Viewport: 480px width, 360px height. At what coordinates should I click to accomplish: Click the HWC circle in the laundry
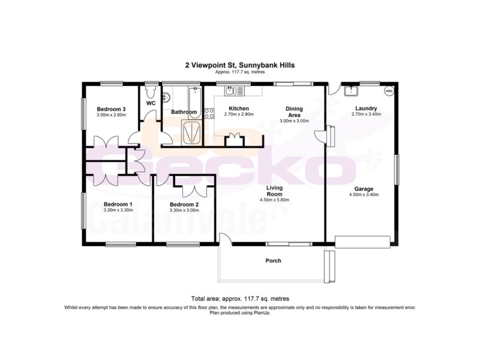pyautogui.click(x=389, y=91)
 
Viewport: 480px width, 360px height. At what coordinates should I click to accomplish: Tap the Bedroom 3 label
pyautogui.click(x=111, y=108)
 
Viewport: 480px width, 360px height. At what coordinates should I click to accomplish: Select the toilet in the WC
pyautogui.click(x=151, y=92)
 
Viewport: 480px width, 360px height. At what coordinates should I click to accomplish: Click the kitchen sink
pyautogui.click(x=233, y=91)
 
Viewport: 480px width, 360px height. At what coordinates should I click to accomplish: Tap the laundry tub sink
pyautogui.click(x=350, y=91)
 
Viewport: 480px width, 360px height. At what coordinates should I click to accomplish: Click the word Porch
pyautogui.click(x=273, y=260)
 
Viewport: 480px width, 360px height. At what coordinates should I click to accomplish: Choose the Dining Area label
pyautogui.click(x=294, y=112)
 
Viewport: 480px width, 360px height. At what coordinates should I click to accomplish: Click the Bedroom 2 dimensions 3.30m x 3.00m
pyautogui.click(x=185, y=211)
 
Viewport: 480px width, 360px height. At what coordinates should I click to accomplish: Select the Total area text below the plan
pyautogui.click(x=240, y=298)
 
